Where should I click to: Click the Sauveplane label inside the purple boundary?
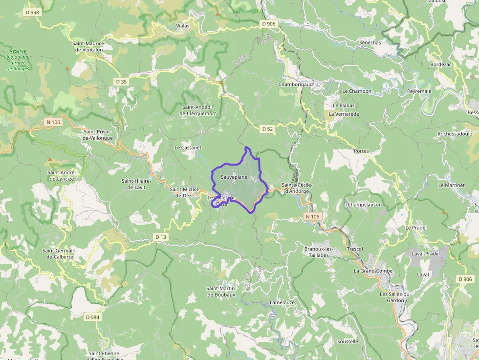coord(234,177)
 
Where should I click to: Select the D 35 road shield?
coord(121,81)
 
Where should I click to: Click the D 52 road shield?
coord(267,129)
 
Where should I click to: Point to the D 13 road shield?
coord(160,237)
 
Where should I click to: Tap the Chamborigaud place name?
coord(295,84)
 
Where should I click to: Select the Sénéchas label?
coord(370,42)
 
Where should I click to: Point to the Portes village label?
coord(361,151)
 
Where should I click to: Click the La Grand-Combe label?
coord(373,271)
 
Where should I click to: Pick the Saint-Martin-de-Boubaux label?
coord(221,291)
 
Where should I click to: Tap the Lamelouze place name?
coord(283,302)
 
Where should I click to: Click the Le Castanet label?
coord(188,147)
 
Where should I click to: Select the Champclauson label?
coord(365,205)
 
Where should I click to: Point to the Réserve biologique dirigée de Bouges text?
coord(19,60)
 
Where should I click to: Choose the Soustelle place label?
coord(348,341)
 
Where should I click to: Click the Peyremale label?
coord(419,91)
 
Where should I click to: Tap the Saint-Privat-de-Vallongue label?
coord(98,135)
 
